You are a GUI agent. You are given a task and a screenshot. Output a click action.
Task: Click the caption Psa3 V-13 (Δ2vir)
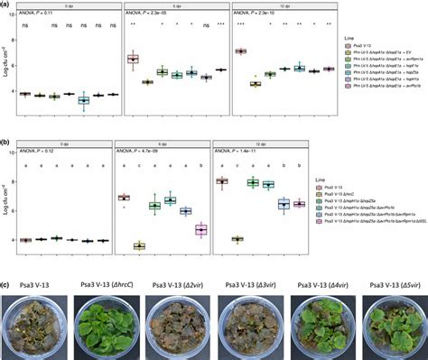pyautogui.click(x=176, y=282)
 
